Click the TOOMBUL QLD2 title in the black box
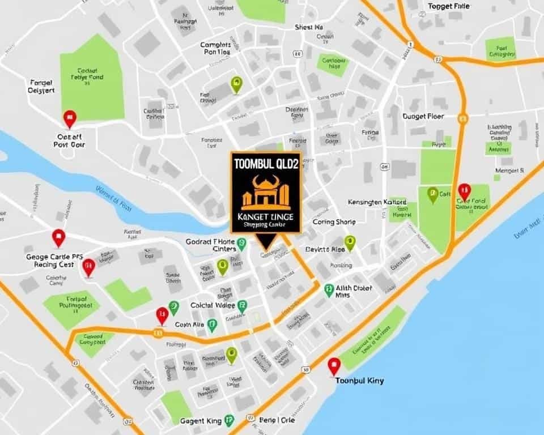tap(265, 163)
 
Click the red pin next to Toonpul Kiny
tap(334, 366)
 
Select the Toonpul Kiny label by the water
tap(359, 381)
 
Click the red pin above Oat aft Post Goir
tap(70, 119)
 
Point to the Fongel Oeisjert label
tap(41, 86)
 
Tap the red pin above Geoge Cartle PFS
tap(58, 237)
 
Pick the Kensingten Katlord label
tap(377, 202)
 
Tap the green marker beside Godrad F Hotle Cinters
tap(241, 244)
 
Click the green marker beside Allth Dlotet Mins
tap(329, 290)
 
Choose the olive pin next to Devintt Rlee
tap(350, 242)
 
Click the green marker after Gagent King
tap(228, 420)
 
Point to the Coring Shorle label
tap(334, 222)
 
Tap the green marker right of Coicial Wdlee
tap(242, 305)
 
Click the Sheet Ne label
tap(309, 27)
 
